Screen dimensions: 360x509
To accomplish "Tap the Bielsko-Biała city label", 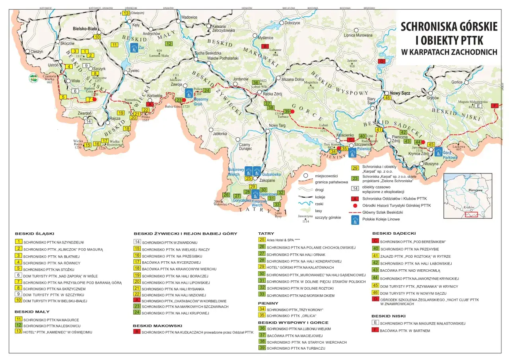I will point(85,29).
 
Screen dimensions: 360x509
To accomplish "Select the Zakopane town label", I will point(267,180).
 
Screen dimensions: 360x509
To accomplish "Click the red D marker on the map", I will point(382,61).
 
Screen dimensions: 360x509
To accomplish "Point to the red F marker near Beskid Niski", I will point(495,106).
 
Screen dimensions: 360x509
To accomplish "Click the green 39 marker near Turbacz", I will point(287,111).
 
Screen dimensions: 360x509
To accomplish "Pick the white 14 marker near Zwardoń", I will point(88,121).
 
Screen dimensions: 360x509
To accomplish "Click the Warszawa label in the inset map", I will point(475,190).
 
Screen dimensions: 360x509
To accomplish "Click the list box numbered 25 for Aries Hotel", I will point(262,239).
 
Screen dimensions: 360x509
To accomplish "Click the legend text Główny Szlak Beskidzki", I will point(380,212).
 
